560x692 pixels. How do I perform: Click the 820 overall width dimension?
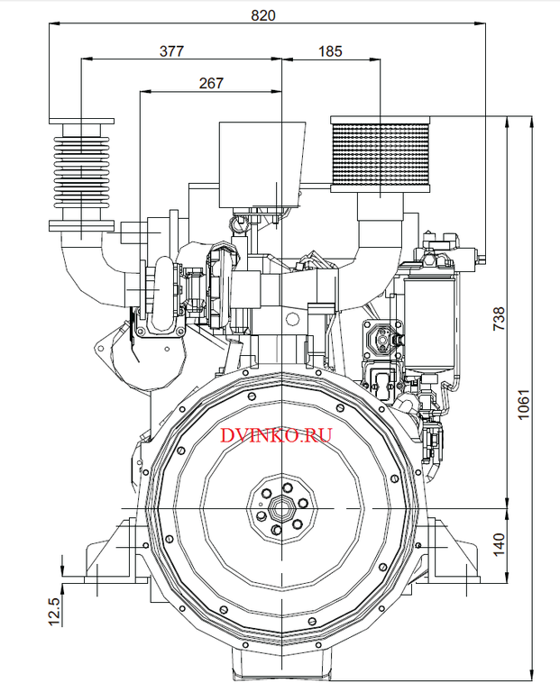[264, 15]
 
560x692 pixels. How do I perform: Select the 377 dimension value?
[172, 51]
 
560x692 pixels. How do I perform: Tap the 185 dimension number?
[330, 51]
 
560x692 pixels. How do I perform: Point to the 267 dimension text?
[210, 83]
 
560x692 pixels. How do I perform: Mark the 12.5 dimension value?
[53, 611]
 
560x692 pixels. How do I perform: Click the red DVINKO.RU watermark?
[276, 435]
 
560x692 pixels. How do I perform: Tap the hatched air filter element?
[381, 159]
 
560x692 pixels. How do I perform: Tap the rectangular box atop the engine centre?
[258, 162]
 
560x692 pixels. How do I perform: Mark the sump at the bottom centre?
[281, 667]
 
